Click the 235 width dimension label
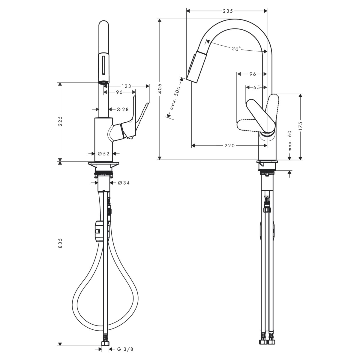(x=228, y=11)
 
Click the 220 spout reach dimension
(x=229, y=145)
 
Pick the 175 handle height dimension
(x=300, y=126)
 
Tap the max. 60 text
(x=289, y=140)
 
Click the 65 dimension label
(x=256, y=87)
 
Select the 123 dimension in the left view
(x=127, y=86)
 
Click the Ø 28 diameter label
(x=123, y=109)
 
